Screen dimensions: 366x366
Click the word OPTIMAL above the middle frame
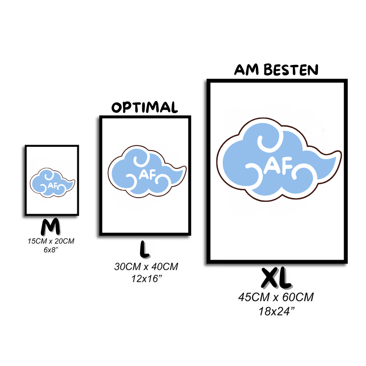coord(145,108)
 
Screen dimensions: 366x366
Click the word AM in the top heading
coord(245,70)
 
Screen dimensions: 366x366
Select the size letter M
coord(51,227)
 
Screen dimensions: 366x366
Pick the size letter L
coord(145,249)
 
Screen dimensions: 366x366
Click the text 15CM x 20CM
coord(51,241)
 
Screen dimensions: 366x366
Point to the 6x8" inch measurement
coord(51,249)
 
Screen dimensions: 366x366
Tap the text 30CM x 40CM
coord(146,266)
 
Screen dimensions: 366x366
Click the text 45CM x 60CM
coord(276,297)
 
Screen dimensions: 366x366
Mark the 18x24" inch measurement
coord(276,312)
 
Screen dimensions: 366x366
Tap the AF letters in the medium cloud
coord(146,174)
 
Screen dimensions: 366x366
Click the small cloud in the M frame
coord(51,183)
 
